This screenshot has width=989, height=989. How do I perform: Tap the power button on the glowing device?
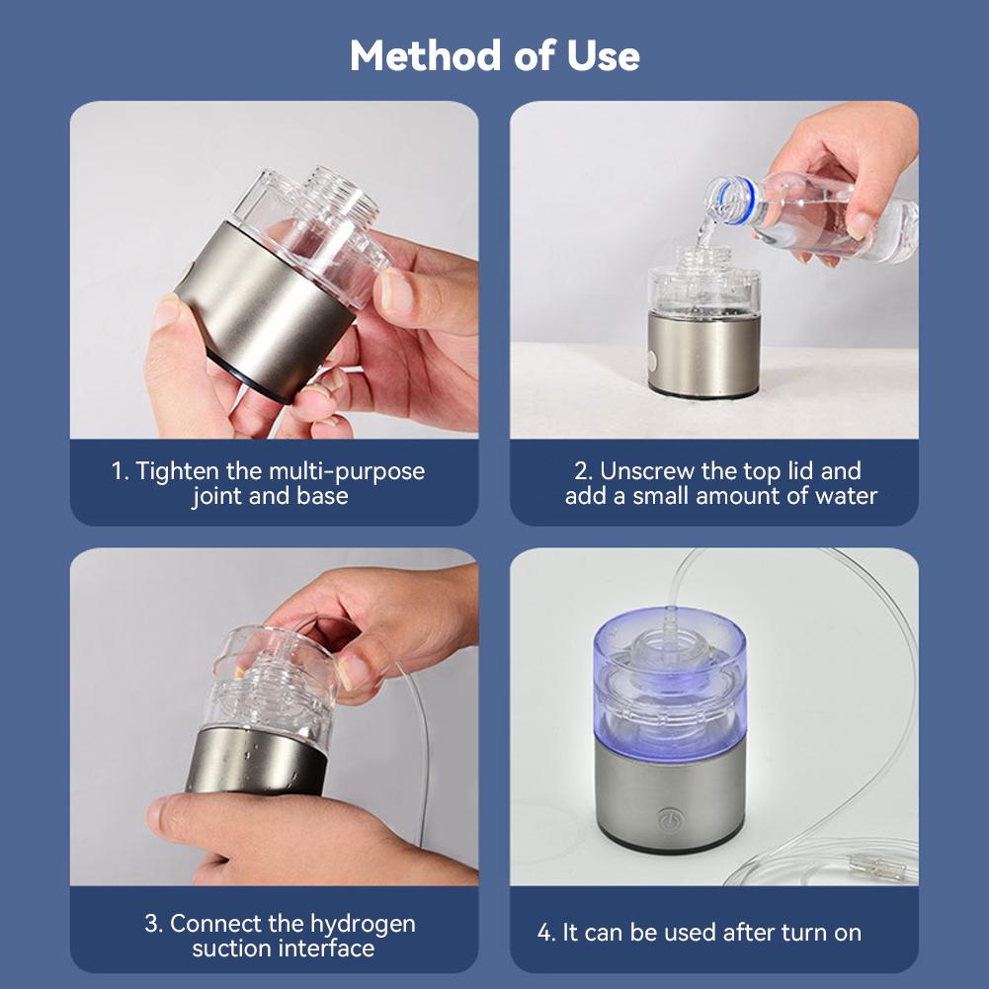click(667, 819)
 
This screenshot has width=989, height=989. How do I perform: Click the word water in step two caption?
click(847, 496)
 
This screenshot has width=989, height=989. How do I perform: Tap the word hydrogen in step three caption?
click(363, 924)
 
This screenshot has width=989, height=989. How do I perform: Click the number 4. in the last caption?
click(546, 932)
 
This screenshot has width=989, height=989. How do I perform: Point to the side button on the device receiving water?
click(652, 362)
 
